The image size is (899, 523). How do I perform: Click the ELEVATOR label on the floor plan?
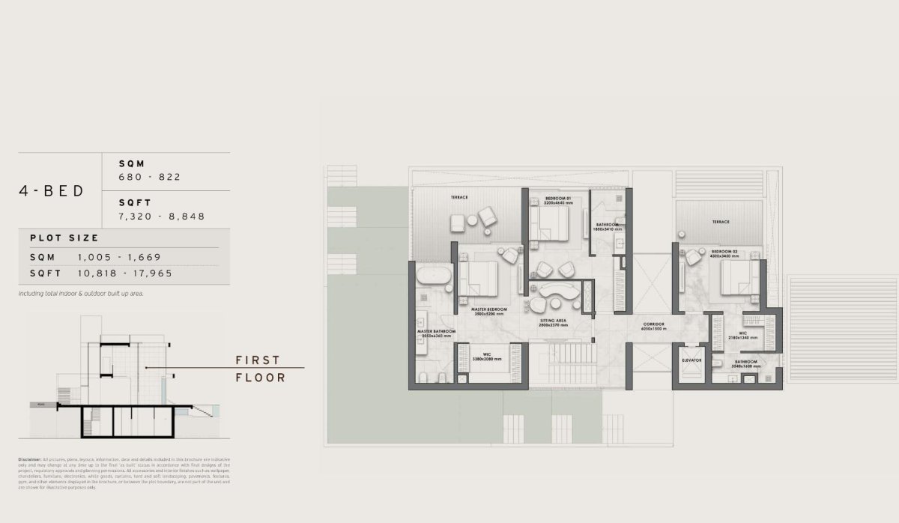(691, 360)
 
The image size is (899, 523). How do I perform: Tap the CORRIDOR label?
(654, 323)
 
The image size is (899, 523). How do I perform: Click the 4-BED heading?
(52, 190)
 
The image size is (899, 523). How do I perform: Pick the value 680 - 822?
(150, 178)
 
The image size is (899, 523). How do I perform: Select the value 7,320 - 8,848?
(162, 217)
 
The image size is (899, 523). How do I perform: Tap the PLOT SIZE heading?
(64, 238)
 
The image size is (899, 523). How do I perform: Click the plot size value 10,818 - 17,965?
(124, 273)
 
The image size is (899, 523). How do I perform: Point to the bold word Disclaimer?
(30, 459)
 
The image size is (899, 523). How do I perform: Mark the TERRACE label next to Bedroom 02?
(721, 222)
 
